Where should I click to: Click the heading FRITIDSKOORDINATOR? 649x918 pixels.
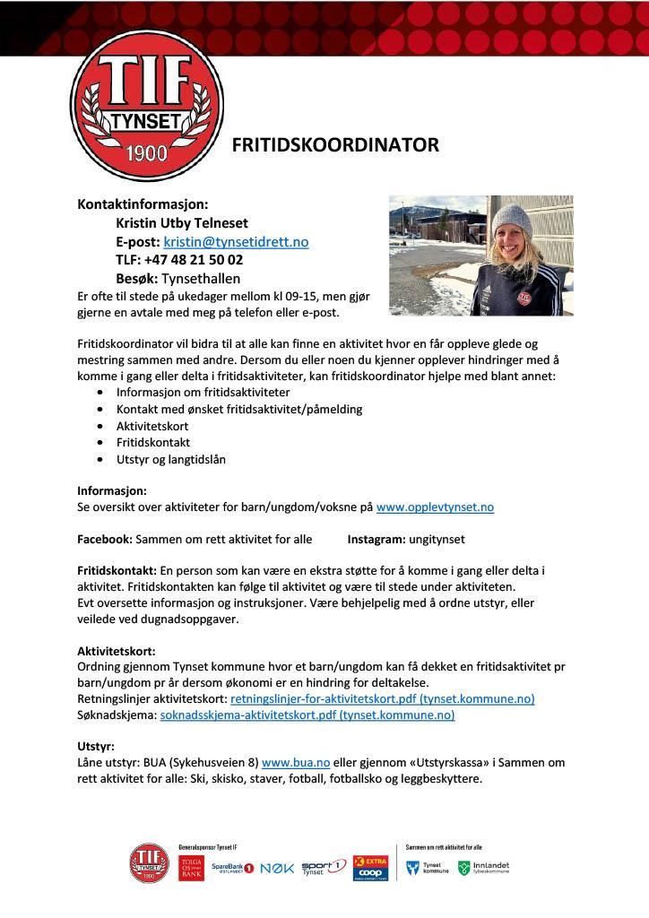click(x=335, y=145)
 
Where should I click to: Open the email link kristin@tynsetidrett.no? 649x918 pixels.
click(x=236, y=242)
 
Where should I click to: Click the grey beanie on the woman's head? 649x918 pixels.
click(x=512, y=220)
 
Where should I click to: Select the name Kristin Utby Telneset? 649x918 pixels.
click(x=182, y=223)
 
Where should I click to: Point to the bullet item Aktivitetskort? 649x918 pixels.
click(x=152, y=426)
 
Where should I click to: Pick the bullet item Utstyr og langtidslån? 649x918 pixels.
click(x=171, y=459)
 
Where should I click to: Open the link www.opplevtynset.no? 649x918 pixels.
click(x=435, y=507)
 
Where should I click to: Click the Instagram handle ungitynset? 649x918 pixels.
click(x=437, y=540)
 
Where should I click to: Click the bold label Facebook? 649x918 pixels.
click(x=105, y=540)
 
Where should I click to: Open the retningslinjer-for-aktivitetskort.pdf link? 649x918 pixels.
click(x=382, y=698)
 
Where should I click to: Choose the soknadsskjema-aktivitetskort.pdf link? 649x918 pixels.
click(x=307, y=714)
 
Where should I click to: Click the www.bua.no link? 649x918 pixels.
click(x=296, y=763)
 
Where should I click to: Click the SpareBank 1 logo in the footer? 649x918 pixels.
click(x=233, y=868)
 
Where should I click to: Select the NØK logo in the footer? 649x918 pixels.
click(x=277, y=868)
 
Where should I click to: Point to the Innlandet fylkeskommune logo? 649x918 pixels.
click(x=484, y=868)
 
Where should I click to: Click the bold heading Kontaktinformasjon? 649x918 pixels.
click(x=143, y=204)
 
